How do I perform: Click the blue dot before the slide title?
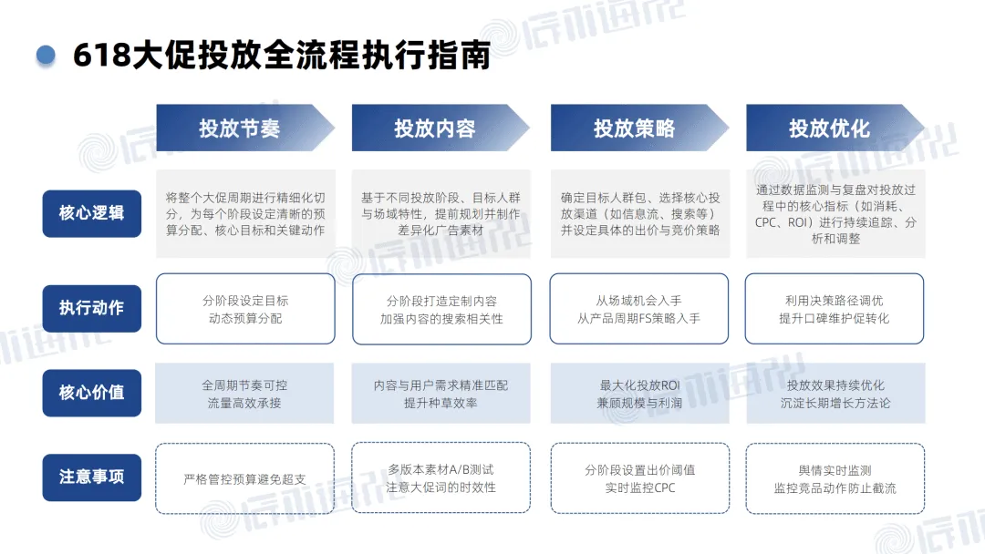46,55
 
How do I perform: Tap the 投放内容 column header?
438,128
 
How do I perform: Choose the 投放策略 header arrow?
637,128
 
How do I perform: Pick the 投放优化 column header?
832,128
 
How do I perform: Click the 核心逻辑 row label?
91,213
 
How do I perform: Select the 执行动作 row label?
91,308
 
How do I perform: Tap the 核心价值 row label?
91,393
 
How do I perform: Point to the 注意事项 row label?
91,477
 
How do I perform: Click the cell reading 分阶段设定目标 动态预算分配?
245,309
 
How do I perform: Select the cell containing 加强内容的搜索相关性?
441,309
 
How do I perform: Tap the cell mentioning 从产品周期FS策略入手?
638,309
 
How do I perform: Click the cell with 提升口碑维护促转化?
835,309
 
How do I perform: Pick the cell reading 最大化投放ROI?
638,394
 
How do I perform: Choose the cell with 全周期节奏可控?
245,394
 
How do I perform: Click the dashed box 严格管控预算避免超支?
245,478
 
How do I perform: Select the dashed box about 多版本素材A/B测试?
441,478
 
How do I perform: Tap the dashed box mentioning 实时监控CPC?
638,478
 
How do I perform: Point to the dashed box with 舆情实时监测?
835,478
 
